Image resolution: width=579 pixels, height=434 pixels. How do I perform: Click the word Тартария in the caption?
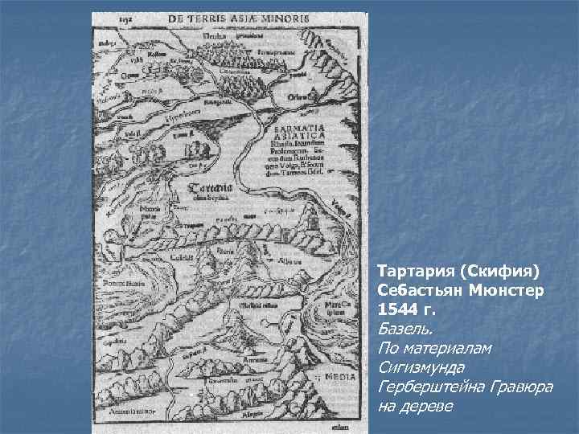(x=414, y=266)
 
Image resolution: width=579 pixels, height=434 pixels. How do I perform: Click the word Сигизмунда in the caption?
(x=417, y=368)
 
